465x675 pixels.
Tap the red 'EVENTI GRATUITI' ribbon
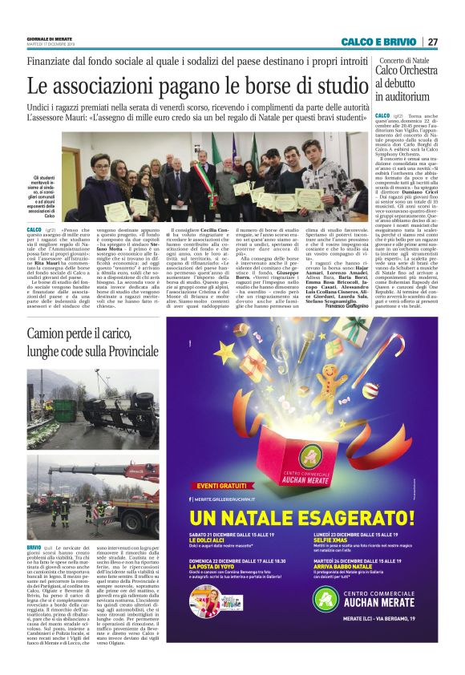[x=219, y=484]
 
